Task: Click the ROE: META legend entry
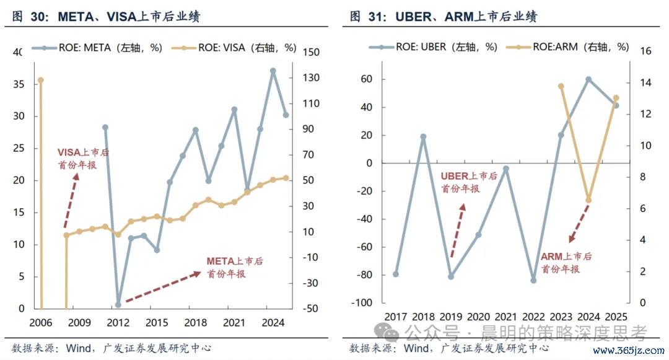pos(97,48)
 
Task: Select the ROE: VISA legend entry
pos(234,48)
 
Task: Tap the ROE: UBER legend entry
pos(433,47)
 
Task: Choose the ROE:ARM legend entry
pos(567,47)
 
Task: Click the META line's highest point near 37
pos(273,71)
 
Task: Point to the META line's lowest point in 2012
pos(118,305)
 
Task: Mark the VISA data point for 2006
pos(41,80)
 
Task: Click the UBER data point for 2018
pos(423,137)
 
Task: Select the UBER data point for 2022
pos(533,281)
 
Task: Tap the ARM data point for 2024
pos(589,200)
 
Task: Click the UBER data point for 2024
pos(589,79)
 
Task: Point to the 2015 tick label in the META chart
pos(157,323)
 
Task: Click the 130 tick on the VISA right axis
pos(311,77)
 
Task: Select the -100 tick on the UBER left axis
pos(362,303)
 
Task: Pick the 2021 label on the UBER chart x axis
pos(505,317)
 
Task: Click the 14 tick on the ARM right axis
pos(646,83)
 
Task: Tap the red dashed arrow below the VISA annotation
pos(71,201)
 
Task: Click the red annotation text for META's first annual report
pos(235,268)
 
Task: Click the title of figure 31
pos(444,17)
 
